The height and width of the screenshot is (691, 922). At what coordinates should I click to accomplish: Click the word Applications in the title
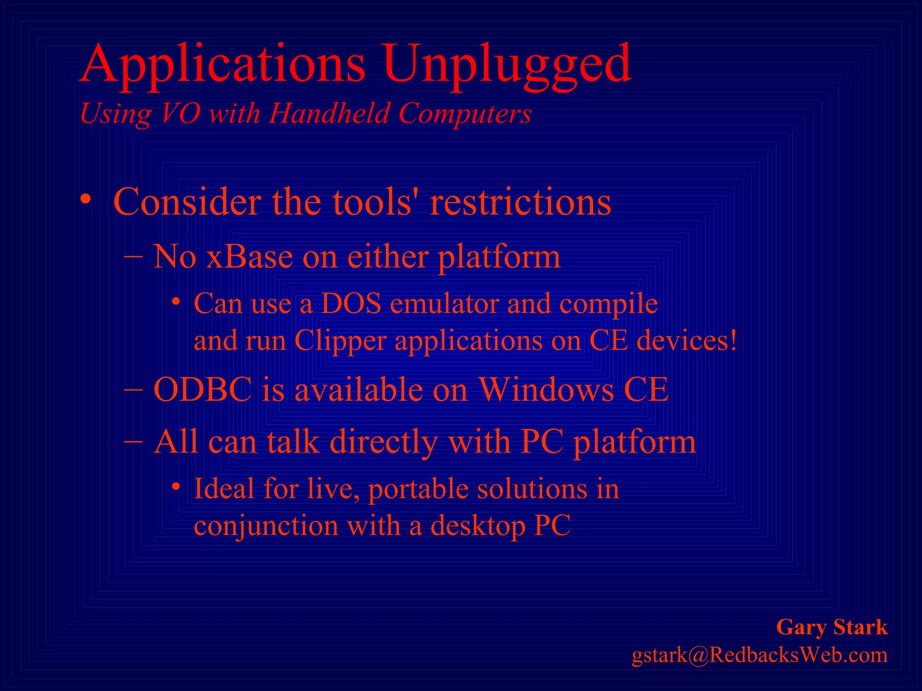point(223,65)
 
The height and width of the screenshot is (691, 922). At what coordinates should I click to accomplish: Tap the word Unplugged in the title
point(507,65)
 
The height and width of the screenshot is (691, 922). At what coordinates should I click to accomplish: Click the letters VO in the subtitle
point(181,113)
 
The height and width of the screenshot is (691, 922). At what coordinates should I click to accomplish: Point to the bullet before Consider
point(86,199)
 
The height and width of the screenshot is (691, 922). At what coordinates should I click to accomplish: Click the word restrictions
point(520,202)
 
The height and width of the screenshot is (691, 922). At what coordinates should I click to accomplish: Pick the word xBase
point(249,257)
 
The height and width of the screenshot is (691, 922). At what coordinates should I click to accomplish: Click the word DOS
point(352,304)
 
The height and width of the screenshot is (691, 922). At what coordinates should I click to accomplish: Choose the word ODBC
point(203,390)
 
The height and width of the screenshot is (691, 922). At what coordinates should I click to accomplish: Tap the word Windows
point(546,390)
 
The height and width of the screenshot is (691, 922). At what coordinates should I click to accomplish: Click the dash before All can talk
point(133,441)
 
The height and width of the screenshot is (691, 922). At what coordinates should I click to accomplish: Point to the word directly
point(384,443)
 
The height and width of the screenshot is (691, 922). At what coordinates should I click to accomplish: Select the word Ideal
point(224,489)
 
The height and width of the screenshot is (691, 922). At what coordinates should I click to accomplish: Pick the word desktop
point(478,526)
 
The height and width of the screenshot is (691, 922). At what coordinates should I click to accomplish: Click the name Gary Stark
point(832,627)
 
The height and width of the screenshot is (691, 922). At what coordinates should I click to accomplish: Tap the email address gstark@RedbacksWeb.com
point(759,655)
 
